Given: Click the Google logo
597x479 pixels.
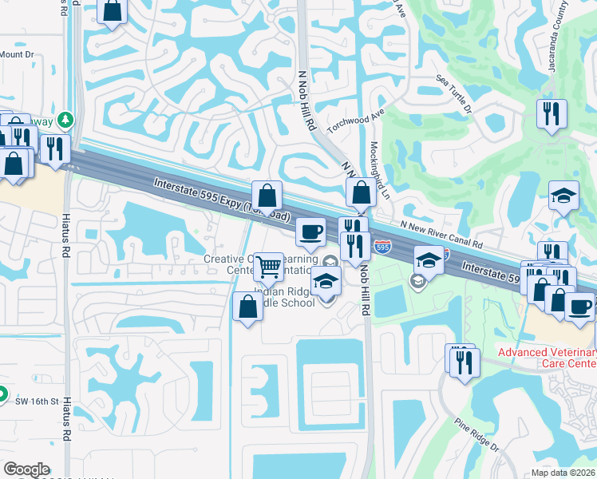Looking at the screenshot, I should pos(26,469).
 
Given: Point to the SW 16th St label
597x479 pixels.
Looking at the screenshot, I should pos(38,402).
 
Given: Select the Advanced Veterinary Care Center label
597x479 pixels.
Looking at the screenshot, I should pos(546,358).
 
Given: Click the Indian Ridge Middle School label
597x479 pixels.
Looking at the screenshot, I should pos(284,297).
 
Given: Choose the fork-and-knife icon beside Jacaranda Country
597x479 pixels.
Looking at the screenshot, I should pos(552,113).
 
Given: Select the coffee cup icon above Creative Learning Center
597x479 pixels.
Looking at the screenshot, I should pos(310,232).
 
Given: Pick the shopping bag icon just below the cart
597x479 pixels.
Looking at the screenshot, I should pos(247,306).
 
